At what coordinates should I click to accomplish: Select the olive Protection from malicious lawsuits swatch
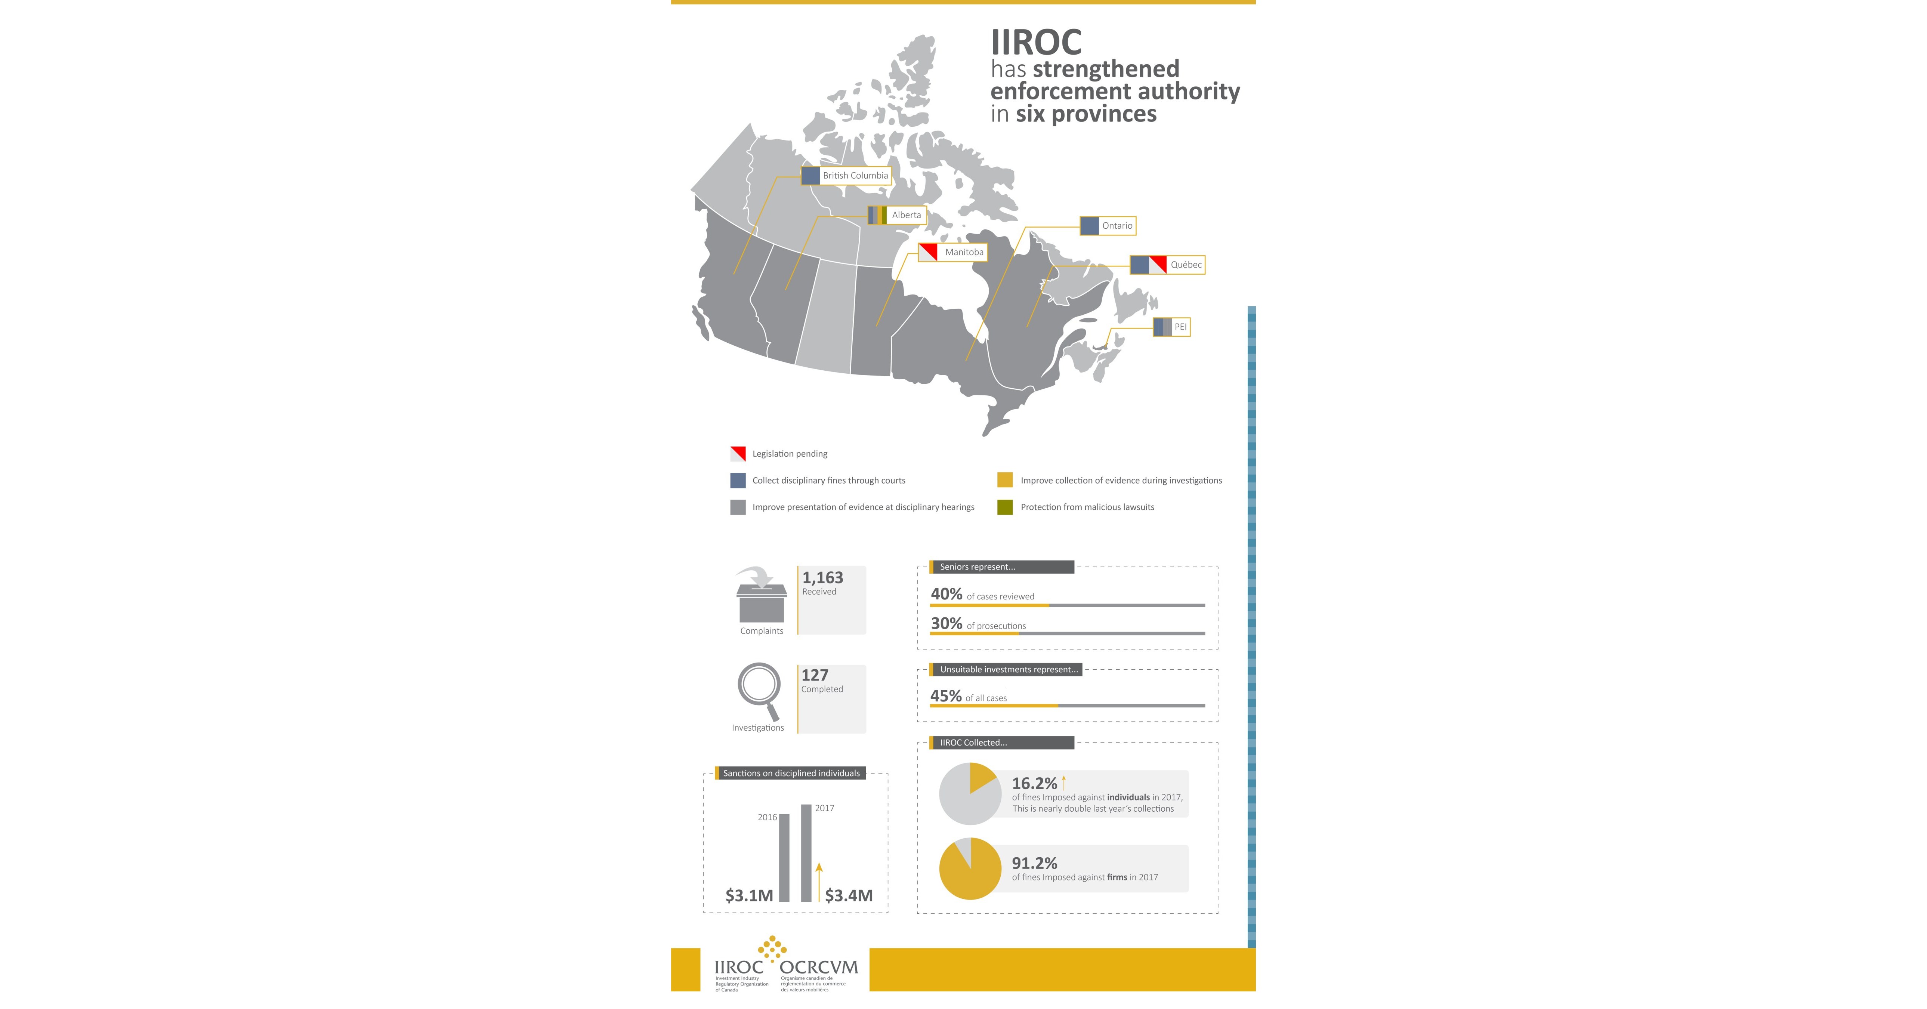(x=1005, y=507)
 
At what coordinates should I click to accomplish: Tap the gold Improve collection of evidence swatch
(x=1005, y=480)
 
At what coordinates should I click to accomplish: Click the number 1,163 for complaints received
(x=822, y=577)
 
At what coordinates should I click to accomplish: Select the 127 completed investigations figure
(x=815, y=675)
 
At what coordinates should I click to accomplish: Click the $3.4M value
(x=848, y=895)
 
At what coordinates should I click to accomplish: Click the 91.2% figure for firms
(x=1034, y=863)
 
